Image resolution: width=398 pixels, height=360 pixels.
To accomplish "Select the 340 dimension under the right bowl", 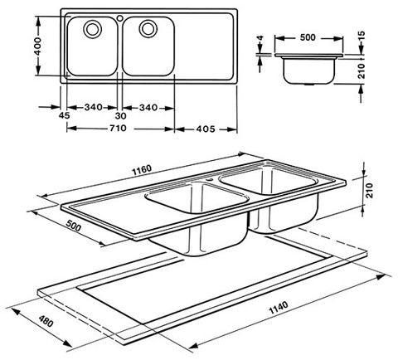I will tap(149, 107).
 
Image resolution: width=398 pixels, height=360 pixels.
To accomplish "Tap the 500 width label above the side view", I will tap(308, 37).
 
